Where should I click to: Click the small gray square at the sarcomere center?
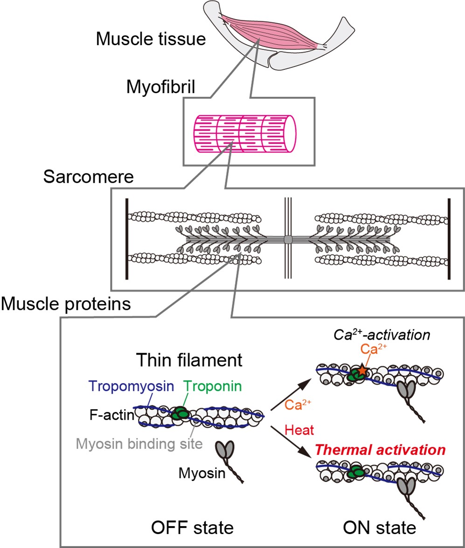click(x=288, y=239)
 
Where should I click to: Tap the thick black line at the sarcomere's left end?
click(x=126, y=239)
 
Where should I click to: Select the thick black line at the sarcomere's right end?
click(x=449, y=239)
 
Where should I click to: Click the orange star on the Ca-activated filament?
click(x=362, y=371)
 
